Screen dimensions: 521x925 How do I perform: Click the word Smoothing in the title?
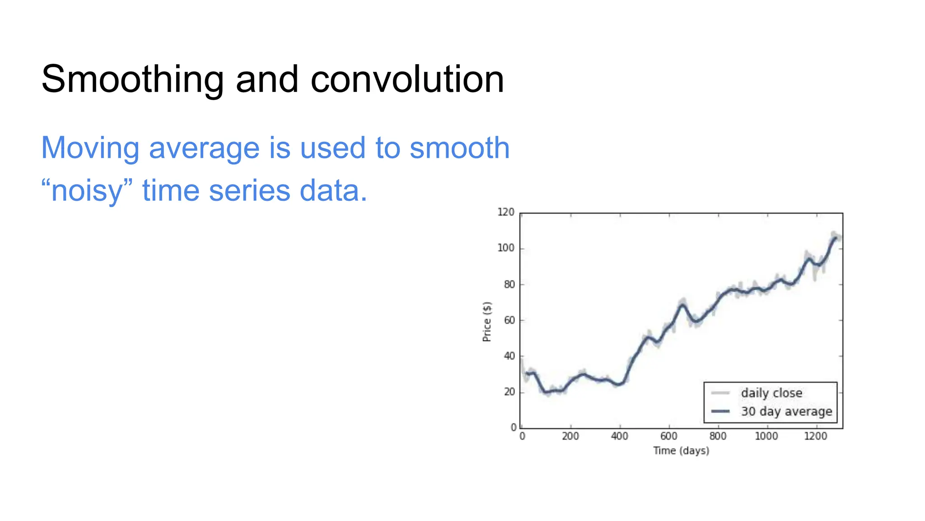tap(132, 80)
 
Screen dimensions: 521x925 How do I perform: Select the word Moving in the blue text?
tap(90, 148)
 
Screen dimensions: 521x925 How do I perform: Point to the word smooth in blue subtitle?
tap(459, 148)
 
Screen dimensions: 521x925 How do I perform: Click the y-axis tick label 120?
tap(505, 212)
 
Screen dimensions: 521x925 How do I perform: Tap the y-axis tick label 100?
tap(505, 248)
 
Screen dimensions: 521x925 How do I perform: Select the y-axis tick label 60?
tap(509, 320)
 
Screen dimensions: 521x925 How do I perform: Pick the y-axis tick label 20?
tap(509, 392)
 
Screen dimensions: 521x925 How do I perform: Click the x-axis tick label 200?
tap(570, 436)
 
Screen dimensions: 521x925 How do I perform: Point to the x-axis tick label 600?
tap(668, 436)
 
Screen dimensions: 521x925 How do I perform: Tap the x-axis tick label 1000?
tap(766, 436)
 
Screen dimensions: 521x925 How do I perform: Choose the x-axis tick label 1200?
tap(815, 436)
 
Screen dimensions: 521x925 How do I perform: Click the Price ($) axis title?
tap(486, 322)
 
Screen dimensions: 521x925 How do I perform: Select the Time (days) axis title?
tap(681, 451)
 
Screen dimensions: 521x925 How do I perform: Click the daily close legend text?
tap(771, 393)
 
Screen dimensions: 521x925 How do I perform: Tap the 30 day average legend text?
tap(786, 412)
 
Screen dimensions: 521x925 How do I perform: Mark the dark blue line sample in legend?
tap(720, 412)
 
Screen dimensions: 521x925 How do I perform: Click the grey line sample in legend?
tap(720, 393)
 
